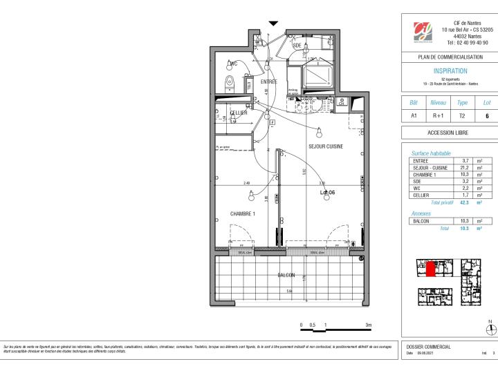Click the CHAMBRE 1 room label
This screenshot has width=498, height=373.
(243, 214)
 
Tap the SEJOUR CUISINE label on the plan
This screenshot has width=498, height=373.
(325, 146)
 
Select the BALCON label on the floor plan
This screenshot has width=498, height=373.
(286, 275)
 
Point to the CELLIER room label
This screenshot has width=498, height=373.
(239, 113)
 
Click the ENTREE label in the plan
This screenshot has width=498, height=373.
(268, 82)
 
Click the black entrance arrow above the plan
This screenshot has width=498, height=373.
(275, 23)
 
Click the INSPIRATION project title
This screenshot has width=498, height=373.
(450, 70)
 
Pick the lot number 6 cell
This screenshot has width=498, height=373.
(486, 116)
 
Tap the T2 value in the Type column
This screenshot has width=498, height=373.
(463, 116)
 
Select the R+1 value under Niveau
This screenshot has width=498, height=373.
(439, 116)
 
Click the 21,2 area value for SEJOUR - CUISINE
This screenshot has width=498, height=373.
(465, 167)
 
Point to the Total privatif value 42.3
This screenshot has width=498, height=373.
(465, 202)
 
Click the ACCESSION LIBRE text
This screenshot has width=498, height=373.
(450, 133)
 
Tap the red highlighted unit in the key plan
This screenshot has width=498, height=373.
(430, 269)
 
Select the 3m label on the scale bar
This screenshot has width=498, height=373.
(369, 325)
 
